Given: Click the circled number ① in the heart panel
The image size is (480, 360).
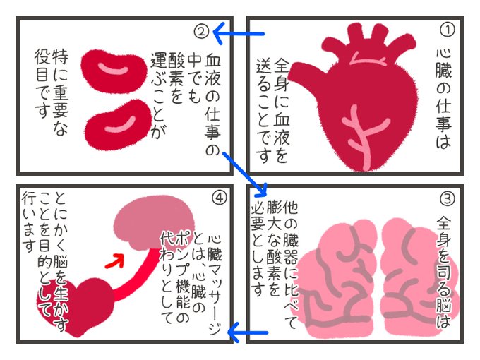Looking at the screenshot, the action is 445,32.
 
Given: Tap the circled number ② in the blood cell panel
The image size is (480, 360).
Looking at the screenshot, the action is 200,32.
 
